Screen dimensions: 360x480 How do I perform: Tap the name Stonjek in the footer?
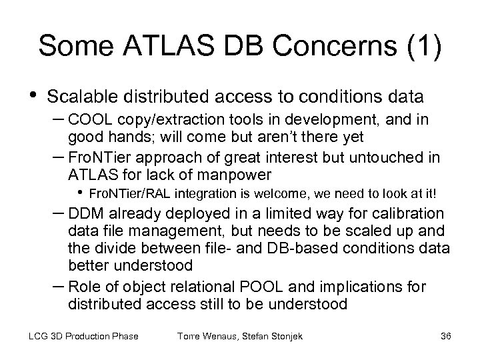pyautogui.click(x=285, y=336)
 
